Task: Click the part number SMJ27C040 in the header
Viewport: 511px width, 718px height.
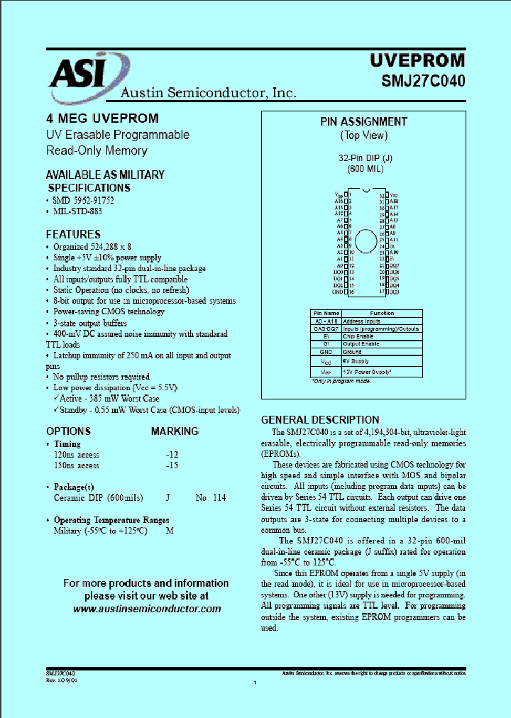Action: (x=423, y=80)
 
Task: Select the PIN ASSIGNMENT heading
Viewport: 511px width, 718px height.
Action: (x=363, y=122)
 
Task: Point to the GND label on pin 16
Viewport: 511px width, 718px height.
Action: (x=337, y=292)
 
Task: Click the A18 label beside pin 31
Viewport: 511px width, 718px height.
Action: (x=394, y=201)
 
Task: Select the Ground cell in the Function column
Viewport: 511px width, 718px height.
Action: (x=353, y=351)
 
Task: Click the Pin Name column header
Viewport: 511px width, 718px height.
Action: (x=326, y=313)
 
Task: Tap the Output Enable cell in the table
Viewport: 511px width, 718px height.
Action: (x=362, y=344)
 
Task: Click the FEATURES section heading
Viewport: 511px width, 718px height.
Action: (x=73, y=234)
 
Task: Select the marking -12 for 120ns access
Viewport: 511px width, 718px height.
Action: (x=172, y=454)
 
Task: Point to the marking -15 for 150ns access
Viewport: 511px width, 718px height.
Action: (x=172, y=465)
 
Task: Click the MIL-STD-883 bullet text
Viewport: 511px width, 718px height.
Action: (x=77, y=211)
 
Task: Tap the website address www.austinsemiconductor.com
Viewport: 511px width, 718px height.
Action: (x=147, y=609)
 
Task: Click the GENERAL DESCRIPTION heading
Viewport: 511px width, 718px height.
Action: (x=320, y=419)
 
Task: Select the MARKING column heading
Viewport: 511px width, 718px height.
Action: (x=175, y=431)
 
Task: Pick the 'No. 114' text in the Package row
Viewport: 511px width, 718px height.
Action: (x=211, y=498)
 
